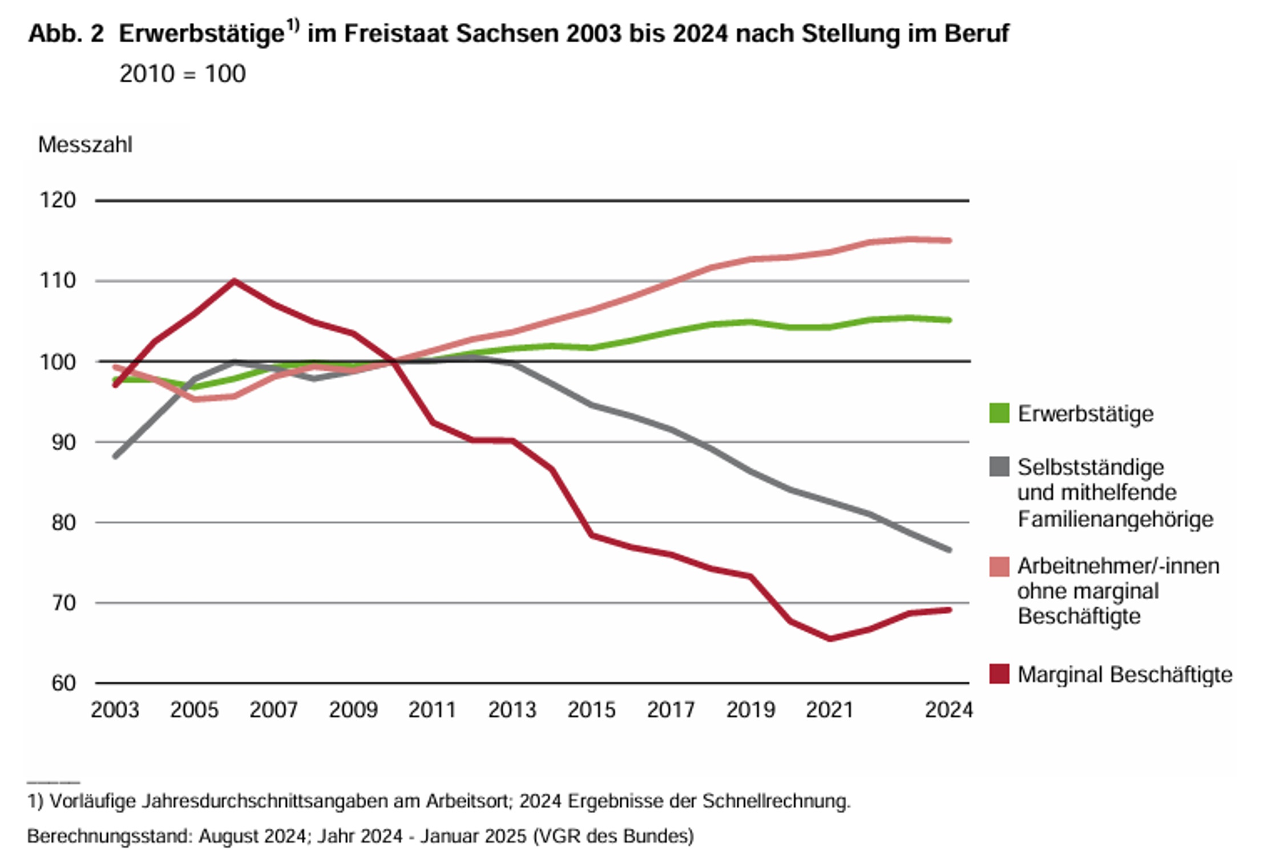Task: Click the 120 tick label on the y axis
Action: [57, 200]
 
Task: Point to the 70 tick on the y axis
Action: [63, 603]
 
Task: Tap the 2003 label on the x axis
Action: [115, 710]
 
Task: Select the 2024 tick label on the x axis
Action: [948, 710]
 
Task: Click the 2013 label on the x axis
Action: [512, 710]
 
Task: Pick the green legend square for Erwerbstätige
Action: [999, 413]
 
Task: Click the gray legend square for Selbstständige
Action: [999, 467]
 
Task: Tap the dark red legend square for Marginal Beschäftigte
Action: [999, 674]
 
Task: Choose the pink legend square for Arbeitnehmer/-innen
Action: [999, 567]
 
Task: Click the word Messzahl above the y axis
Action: [85, 145]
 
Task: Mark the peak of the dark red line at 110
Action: [234, 281]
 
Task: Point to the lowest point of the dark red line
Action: [830, 639]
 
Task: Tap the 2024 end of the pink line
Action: [948, 240]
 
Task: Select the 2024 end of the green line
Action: [948, 320]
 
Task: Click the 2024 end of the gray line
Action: [948, 550]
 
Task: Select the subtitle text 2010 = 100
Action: [183, 74]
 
